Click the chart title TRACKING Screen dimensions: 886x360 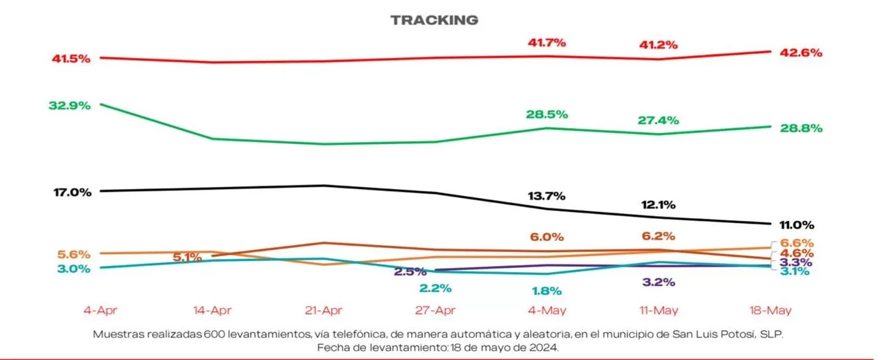tap(434, 20)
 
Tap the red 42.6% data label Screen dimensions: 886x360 tap(801, 53)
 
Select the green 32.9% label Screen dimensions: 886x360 tap(70, 106)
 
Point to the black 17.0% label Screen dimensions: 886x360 tap(73, 192)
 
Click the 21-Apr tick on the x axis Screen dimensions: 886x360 tap(323, 311)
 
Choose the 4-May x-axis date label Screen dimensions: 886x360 tap(547, 311)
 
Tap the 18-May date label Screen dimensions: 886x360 tap(770, 311)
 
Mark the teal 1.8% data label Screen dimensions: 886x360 tap(547, 291)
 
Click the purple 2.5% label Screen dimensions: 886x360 tap(410, 271)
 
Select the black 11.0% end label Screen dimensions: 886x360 tap(797, 225)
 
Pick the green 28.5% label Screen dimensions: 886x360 tap(547, 114)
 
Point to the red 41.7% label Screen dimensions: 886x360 tap(547, 42)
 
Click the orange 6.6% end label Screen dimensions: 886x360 tap(797, 243)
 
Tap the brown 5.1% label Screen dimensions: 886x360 tap(187, 257)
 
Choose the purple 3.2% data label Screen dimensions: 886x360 tap(658, 282)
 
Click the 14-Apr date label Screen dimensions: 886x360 tap(212, 311)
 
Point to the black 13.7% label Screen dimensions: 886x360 tap(546, 196)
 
